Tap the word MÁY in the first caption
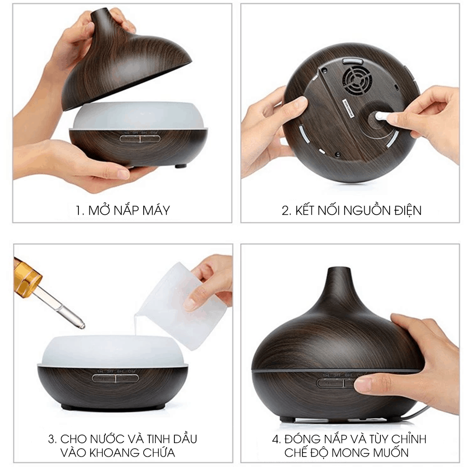(x=156, y=210)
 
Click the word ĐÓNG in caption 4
(x=301, y=438)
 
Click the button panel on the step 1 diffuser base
(x=140, y=138)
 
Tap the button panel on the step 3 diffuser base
(x=116, y=379)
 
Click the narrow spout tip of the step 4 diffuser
(x=338, y=269)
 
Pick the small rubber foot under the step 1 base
(x=181, y=166)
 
